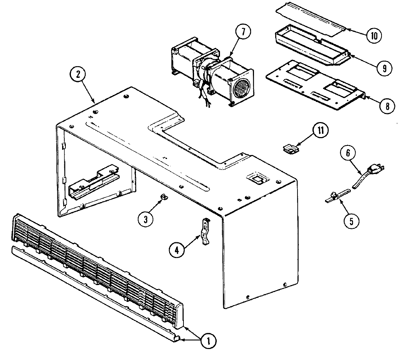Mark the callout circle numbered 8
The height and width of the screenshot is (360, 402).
click(x=387, y=106)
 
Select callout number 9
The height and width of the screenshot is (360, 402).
click(x=384, y=68)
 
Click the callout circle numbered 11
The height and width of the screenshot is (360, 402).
click(x=320, y=131)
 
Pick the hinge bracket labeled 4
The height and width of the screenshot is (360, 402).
click(x=206, y=231)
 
